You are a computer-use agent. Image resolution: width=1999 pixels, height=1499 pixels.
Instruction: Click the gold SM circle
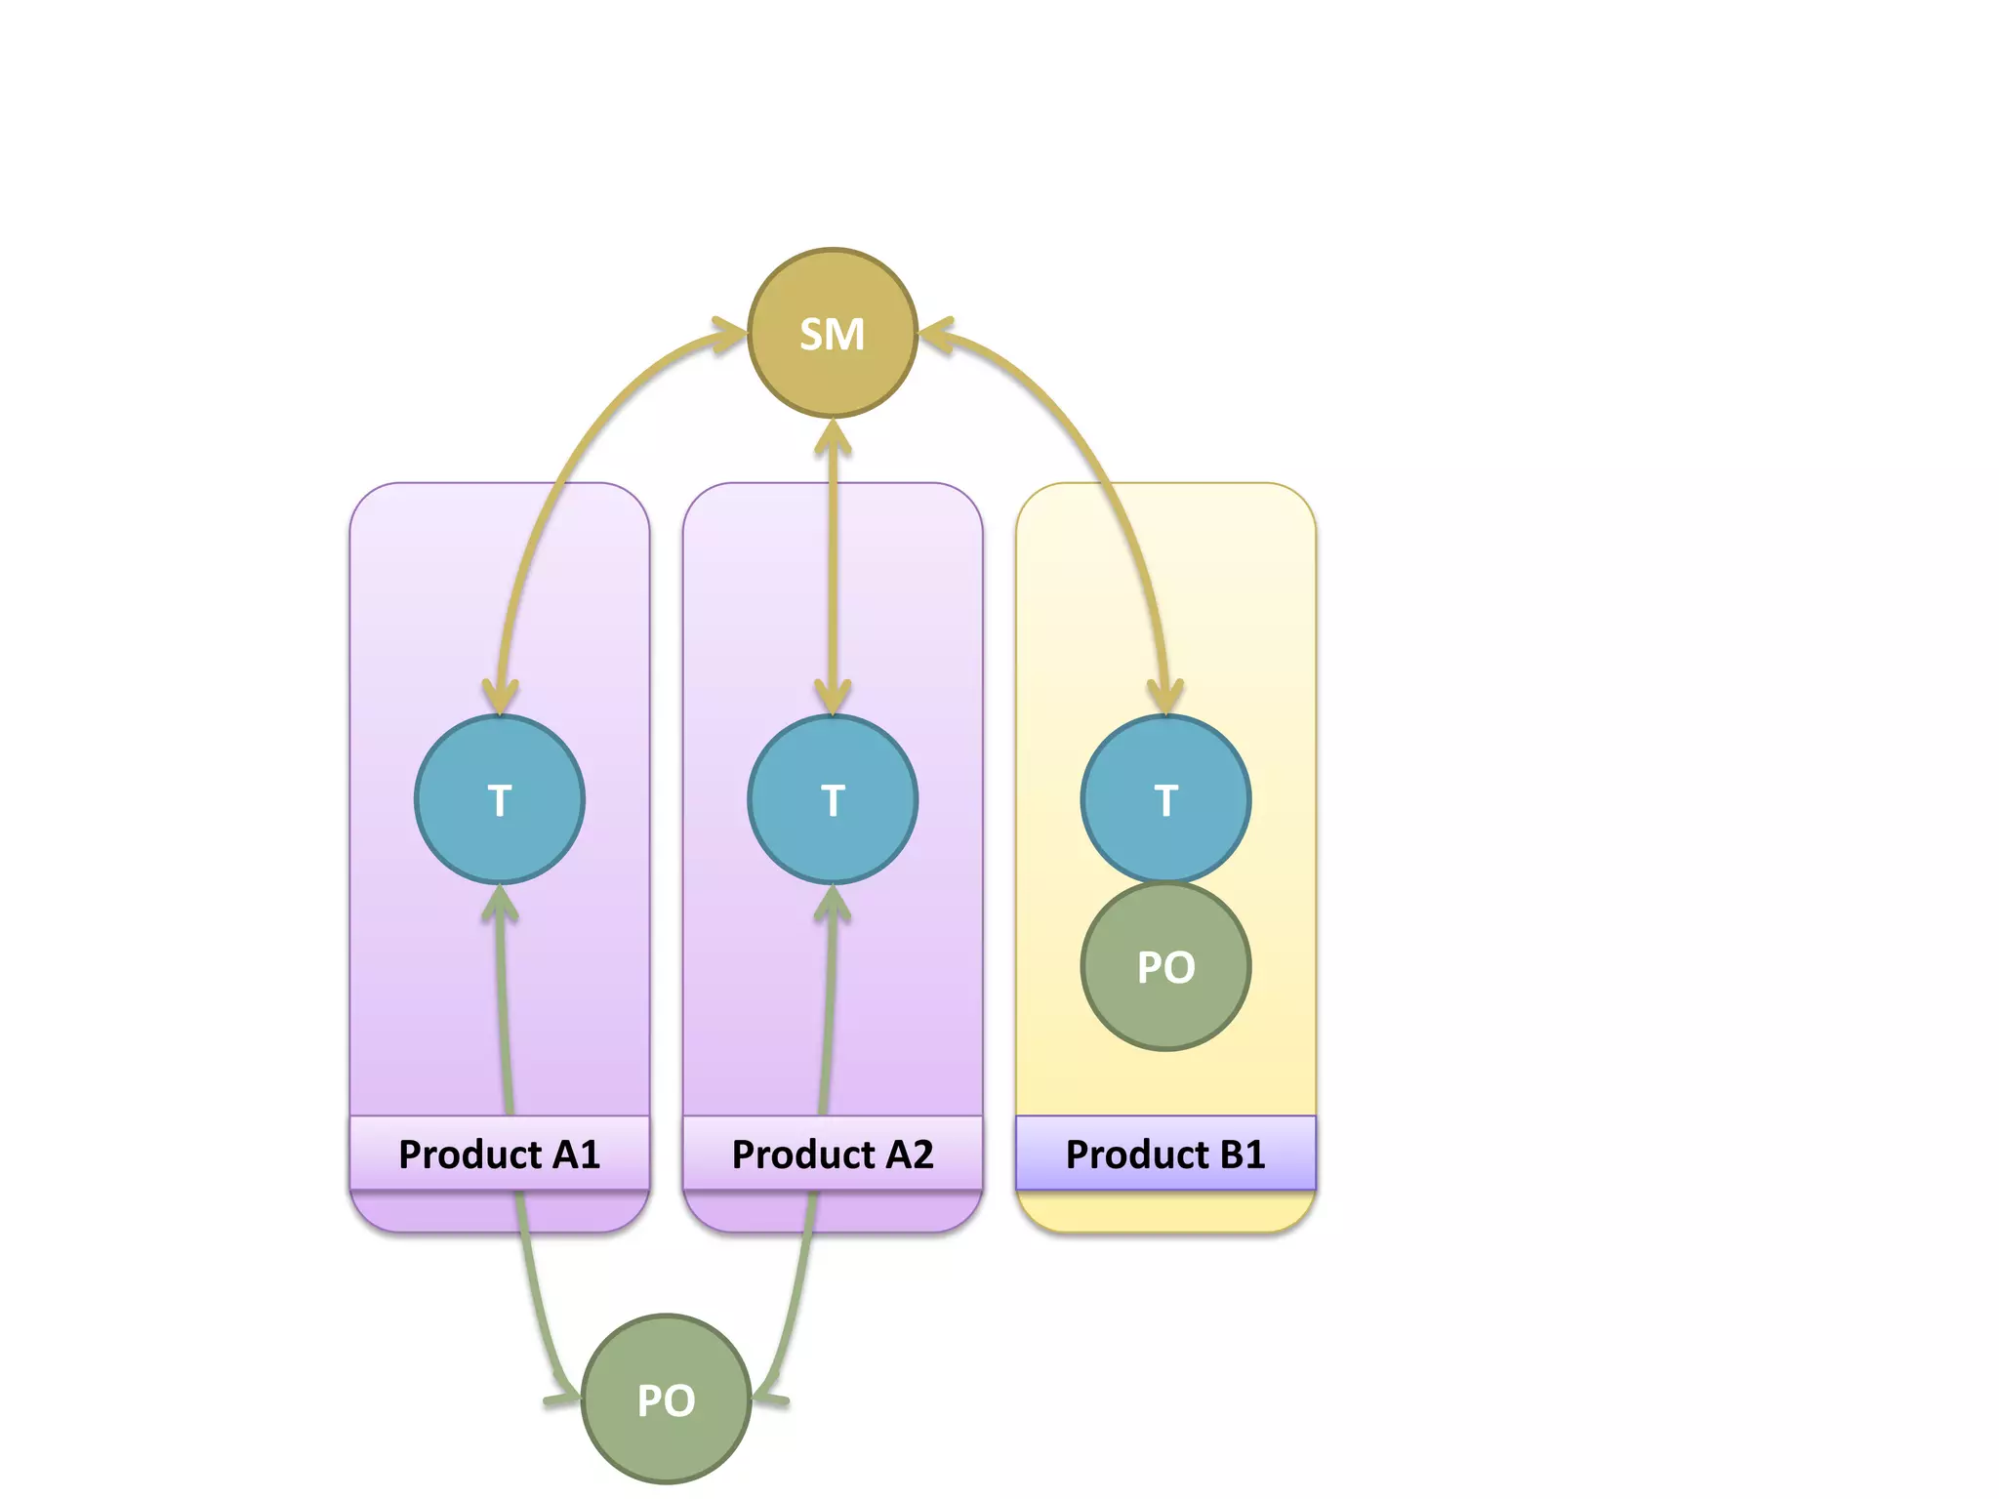(x=833, y=334)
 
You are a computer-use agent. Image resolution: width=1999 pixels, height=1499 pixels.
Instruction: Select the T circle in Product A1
(x=500, y=799)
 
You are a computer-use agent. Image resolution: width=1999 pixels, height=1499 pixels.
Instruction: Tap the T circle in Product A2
(x=833, y=799)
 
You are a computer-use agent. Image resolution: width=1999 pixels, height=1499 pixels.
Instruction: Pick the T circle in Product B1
(x=1165, y=799)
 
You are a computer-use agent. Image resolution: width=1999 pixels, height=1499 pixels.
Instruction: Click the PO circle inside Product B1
(x=1165, y=966)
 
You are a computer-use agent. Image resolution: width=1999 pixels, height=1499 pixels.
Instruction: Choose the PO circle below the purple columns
(x=666, y=1398)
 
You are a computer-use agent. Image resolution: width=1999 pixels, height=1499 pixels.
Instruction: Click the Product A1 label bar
(x=500, y=1154)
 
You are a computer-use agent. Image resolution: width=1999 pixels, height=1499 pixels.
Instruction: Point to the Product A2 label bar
(x=833, y=1154)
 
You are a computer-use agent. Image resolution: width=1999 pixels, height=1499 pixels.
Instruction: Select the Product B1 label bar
(x=1165, y=1154)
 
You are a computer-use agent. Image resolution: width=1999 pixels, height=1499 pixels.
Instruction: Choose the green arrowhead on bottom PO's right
(x=768, y=1396)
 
